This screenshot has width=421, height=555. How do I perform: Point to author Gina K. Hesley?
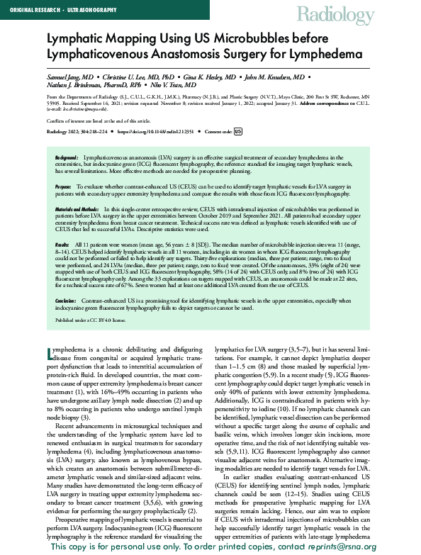pyautogui.click(x=211, y=76)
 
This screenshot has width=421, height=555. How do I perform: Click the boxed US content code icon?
pyautogui.click(x=237, y=131)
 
